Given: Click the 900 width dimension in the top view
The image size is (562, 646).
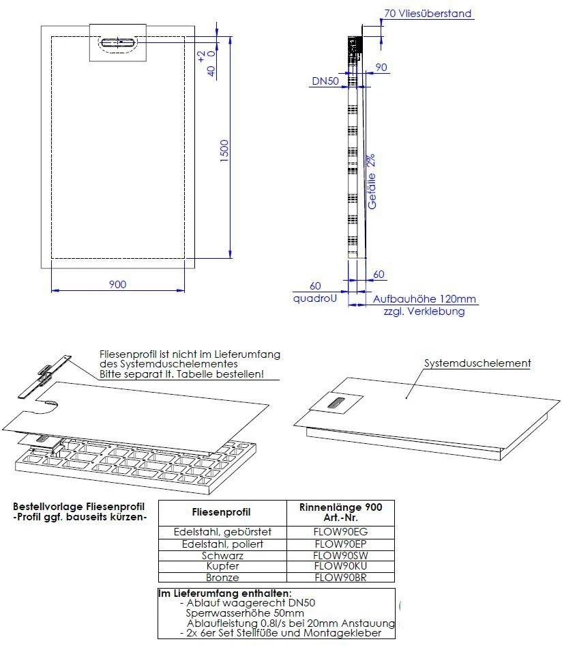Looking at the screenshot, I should (117, 284).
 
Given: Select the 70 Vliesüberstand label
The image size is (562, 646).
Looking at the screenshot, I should (428, 13).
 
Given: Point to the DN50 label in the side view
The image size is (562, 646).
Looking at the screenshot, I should (326, 81).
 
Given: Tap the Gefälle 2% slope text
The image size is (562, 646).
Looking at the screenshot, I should (372, 181).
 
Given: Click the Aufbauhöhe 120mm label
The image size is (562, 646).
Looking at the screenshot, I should (424, 299).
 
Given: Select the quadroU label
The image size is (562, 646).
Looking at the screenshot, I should (314, 298).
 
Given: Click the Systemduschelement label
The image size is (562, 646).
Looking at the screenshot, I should (477, 363).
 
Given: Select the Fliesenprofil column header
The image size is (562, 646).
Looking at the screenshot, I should (222, 512).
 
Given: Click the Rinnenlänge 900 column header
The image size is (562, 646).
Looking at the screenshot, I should (341, 507).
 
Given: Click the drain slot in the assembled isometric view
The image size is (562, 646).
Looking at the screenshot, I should (338, 403).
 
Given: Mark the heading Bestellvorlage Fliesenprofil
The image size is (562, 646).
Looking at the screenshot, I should (78, 507).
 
